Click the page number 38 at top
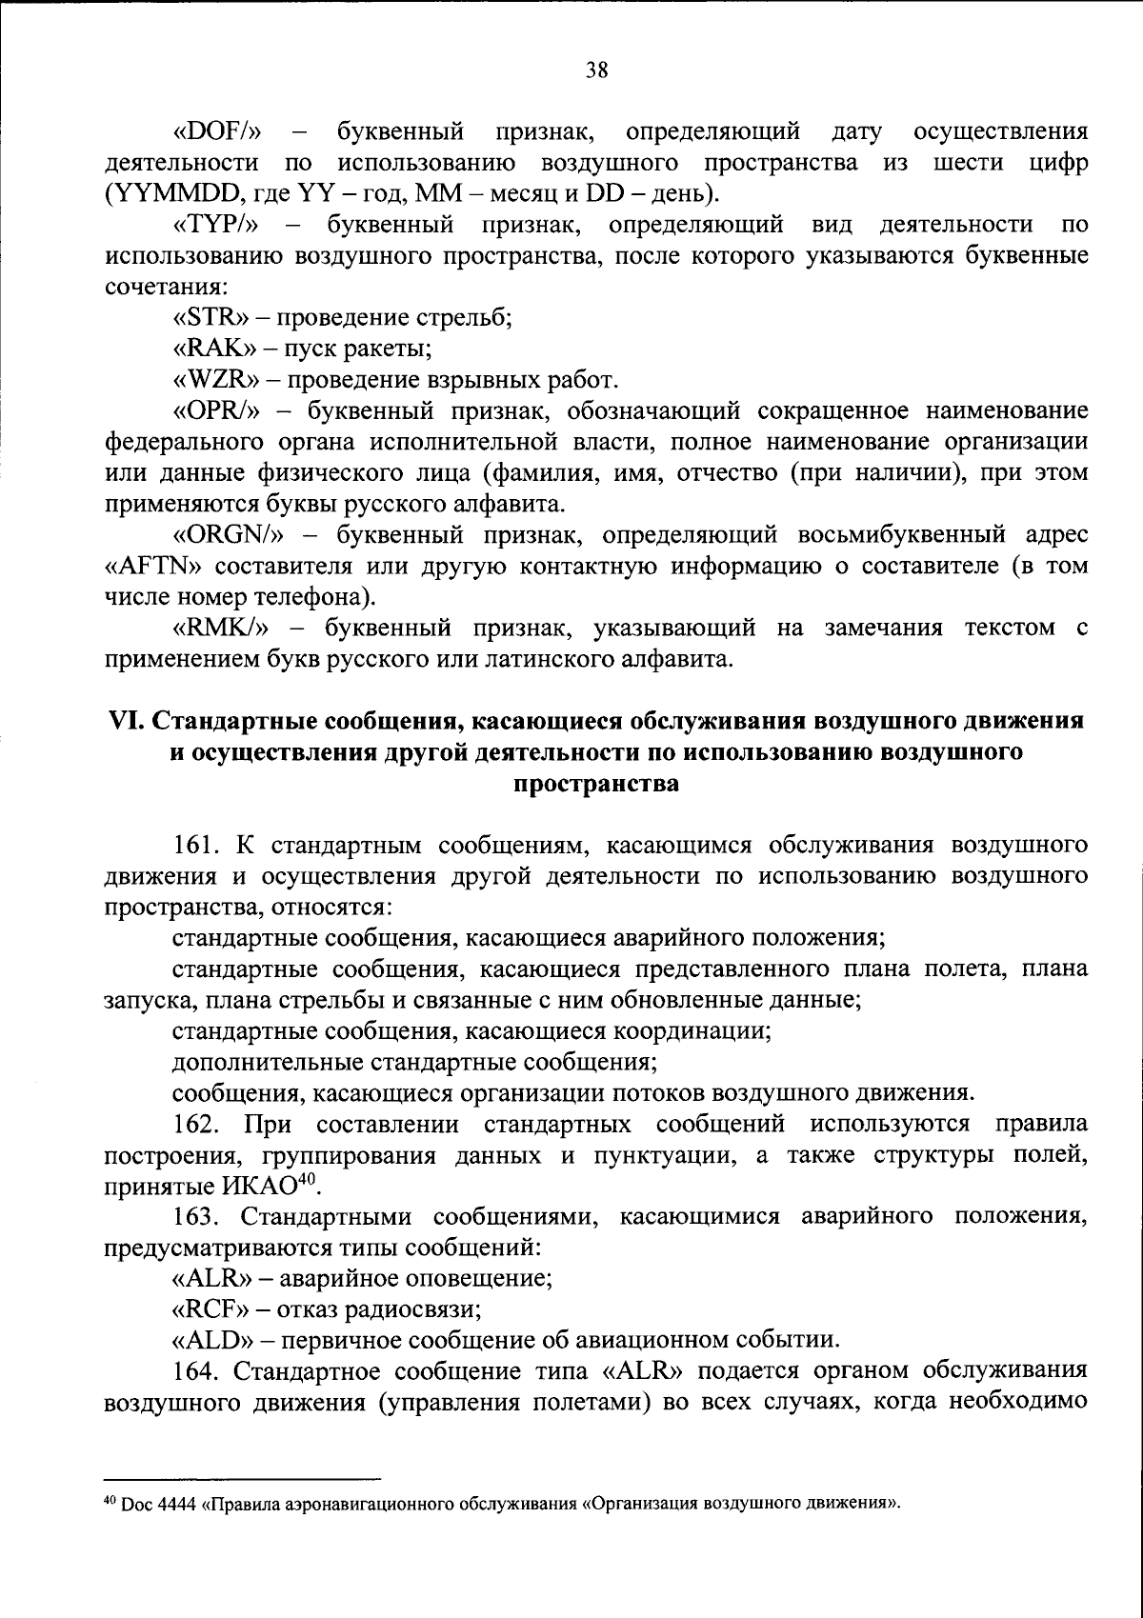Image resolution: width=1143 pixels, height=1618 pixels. tap(596, 70)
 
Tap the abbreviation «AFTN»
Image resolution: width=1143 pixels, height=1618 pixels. tap(155, 566)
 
